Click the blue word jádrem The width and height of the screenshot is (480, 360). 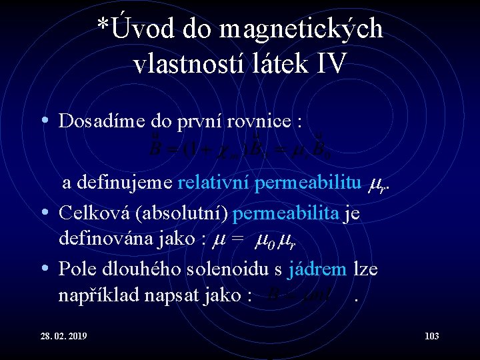[x=317, y=269]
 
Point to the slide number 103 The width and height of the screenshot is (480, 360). [x=431, y=336]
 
